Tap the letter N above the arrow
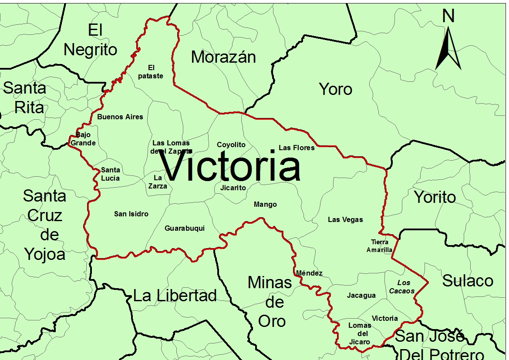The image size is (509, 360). coord(448,16)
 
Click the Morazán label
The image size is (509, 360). coord(223,57)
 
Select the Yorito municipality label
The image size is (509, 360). coord(435,197)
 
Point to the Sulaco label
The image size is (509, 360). coord(468,281)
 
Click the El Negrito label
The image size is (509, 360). coord(91,40)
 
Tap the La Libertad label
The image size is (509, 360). coord(175,296)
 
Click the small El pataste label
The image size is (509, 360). coord(151,72)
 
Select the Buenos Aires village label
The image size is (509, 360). coord(120,117)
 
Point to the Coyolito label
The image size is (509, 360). coord(231,145)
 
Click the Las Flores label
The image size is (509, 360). coord(297,148)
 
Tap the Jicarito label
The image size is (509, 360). coord(233,188)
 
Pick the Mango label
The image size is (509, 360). coord(265,204)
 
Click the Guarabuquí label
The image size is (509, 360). coord(185,228)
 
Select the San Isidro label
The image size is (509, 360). coord(131,214)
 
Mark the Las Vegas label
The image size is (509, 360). coord(345,219)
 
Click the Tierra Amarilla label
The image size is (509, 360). coord(379,246)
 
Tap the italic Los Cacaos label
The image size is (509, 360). coord(402,287)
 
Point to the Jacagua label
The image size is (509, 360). coord(361,296)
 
